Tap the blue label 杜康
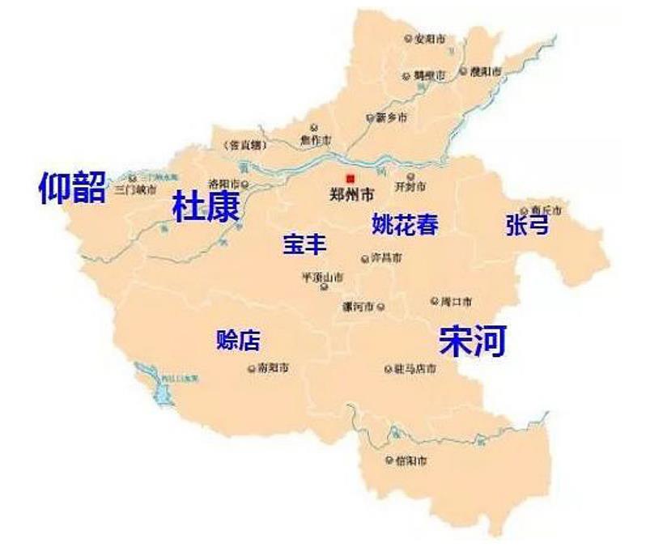coord(206,207)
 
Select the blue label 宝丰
coord(305,244)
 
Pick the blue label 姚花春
coord(405,224)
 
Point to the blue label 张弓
coord(526,224)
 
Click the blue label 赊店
coord(239,341)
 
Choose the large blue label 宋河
coord(473,341)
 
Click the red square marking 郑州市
coord(350,178)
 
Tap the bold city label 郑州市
coord(353,195)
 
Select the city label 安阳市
coord(430,38)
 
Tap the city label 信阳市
coord(411,460)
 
